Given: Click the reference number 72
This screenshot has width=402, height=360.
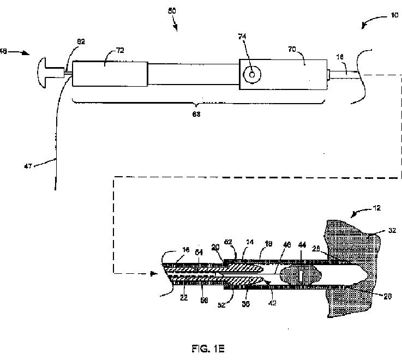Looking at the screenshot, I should (x=119, y=50).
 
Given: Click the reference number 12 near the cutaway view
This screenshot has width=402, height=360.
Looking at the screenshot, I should (x=377, y=208).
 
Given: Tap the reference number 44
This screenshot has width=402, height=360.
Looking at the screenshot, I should (x=302, y=246).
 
